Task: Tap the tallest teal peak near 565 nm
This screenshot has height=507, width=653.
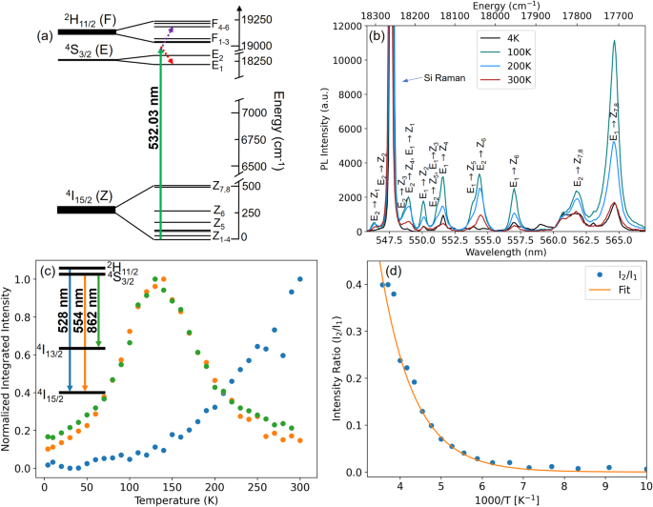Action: (x=615, y=42)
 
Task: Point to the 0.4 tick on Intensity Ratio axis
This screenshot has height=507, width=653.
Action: (x=355, y=284)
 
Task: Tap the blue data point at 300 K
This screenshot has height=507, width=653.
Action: (x=301, y=279)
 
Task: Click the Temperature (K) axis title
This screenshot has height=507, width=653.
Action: (x=172, y=497)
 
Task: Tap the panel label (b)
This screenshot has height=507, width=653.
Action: (x=377, y=38)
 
